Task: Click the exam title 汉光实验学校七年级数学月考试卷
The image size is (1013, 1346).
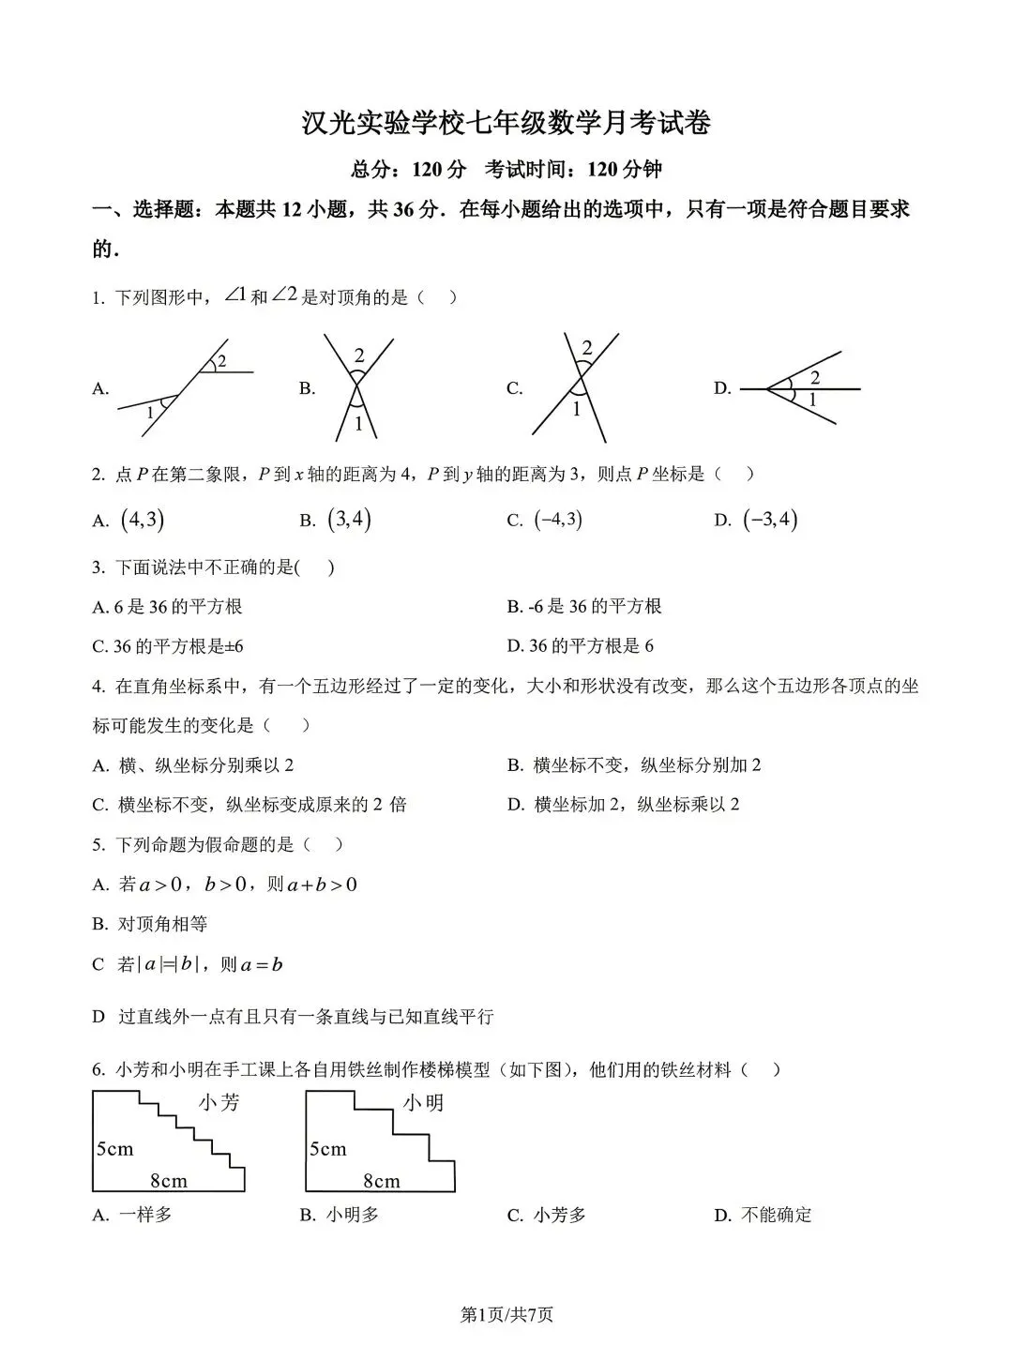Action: [506, 123]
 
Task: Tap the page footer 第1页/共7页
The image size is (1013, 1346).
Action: [506, 1314]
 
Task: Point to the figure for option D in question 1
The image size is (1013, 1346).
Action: [800, 387]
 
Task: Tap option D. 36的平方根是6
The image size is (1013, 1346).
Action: [581, 645]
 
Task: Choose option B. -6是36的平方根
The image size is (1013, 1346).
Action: [584, 606]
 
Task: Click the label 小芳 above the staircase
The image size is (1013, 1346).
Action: [219, 1103]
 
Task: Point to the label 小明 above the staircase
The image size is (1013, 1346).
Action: [423, 1103]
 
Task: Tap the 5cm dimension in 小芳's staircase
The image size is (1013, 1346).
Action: [115, 1148]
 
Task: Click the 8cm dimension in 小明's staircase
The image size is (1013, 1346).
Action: [382, 1181]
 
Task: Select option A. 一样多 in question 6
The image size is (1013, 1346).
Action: [132, 1215]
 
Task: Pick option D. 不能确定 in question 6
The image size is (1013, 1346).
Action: [764, 1215]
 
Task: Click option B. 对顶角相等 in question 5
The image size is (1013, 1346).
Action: [150, 924]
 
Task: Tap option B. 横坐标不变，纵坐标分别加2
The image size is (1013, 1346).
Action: [635, 764]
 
